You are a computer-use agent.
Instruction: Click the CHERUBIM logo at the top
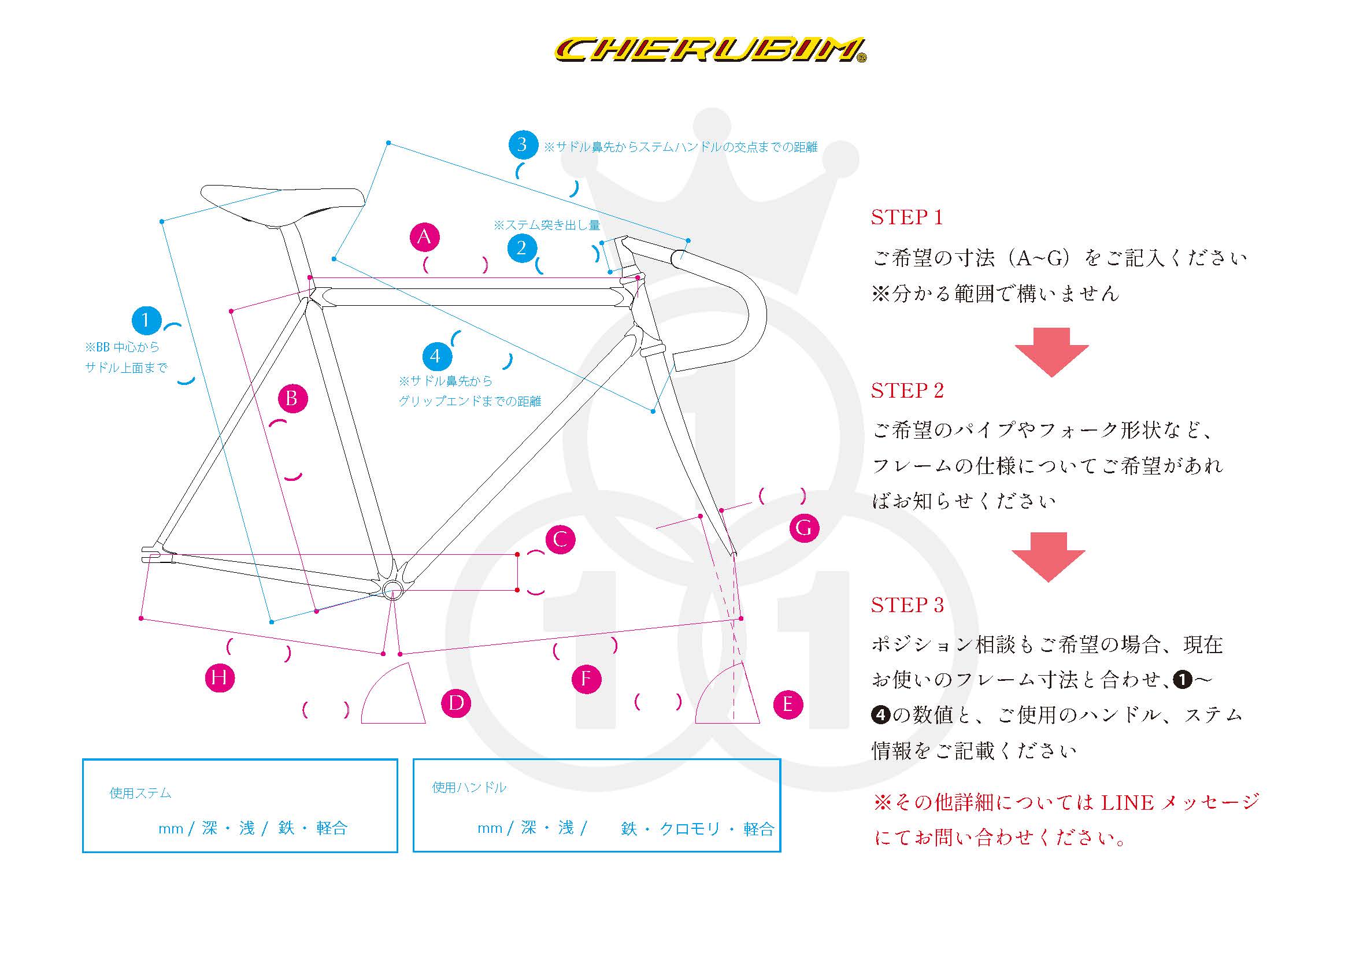click(710, 51)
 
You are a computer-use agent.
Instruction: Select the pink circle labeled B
click(292, 399)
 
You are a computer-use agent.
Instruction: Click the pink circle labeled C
click(560, 539)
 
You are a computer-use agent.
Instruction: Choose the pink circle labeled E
click(788, 704)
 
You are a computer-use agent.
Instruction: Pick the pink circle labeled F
click(587, 679)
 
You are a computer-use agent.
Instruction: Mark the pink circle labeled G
click(804, 528)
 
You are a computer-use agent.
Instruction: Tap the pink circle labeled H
click(220, 677)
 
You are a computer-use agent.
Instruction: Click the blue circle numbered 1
click(146, 321)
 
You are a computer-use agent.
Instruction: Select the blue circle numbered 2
click(522, 248)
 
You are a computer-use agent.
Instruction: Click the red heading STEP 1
click(907, 217)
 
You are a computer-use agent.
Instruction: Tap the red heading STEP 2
click(907, 390)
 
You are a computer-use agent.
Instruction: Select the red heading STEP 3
click(907, 605)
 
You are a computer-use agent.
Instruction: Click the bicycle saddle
click(283, 203)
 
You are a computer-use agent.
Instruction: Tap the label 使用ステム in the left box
click(140, 793)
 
